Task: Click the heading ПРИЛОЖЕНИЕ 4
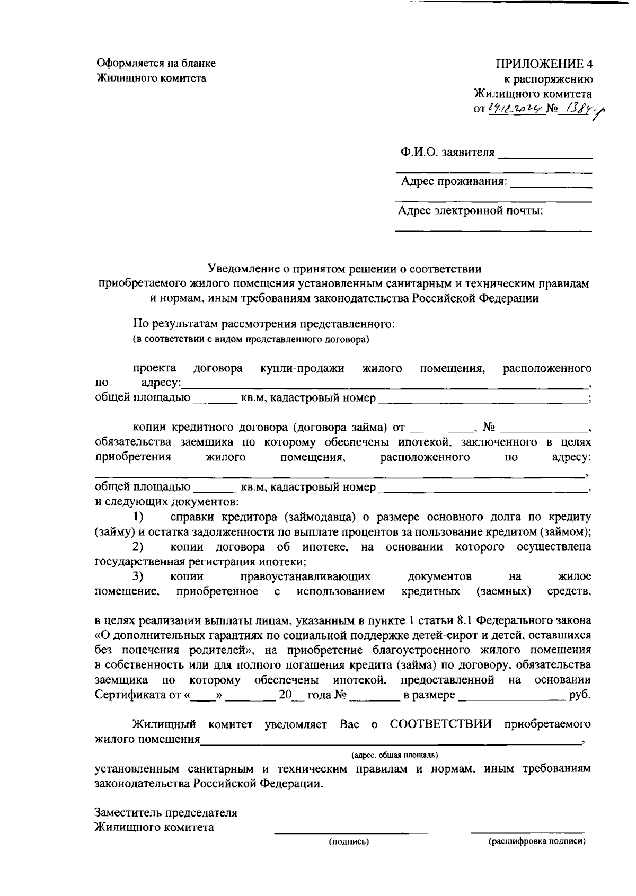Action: coord(544,64)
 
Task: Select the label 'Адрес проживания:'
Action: coord(454,182)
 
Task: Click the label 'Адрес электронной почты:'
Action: coord(470,211)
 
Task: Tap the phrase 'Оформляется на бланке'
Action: coord(156,64)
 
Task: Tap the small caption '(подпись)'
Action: coord(349,841)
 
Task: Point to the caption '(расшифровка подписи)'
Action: coord(537,841)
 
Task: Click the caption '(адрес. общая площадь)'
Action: coord(394,755)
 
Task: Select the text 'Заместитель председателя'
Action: coord(165,812)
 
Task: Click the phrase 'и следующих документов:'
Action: coord(166,501)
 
